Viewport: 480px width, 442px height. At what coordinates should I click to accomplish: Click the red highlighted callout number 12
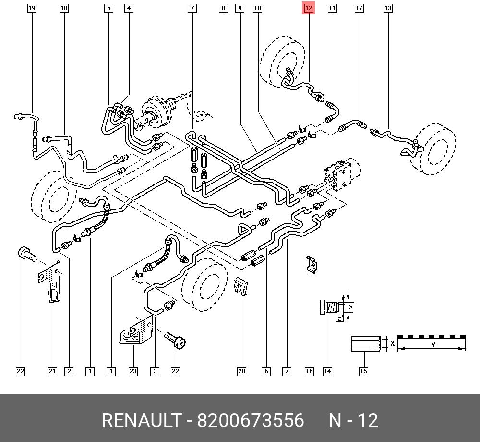tap(308, 8)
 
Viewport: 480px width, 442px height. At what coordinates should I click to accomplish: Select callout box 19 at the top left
tap(32, 8)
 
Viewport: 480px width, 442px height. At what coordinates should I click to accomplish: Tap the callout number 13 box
tap(388, 8)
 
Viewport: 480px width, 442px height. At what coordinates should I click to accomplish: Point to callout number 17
tap(359, 8)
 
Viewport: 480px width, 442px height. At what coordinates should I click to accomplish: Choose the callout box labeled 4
tap(129, 8)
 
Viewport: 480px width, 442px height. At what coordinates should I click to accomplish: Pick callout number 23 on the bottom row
tap(133, 371)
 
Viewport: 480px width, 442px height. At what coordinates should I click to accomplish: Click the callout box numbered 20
tap(241, 371)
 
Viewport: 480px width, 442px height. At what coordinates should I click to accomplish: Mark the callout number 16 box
tap(310, 371)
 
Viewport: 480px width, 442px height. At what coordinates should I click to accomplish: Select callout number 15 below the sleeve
tap(363, 371)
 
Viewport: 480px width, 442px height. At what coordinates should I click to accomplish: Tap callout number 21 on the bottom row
tap(52, 371)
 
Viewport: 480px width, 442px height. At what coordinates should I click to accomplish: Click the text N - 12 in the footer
tap(353, 421)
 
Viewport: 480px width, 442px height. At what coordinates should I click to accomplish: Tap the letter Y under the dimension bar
tap(432, 345)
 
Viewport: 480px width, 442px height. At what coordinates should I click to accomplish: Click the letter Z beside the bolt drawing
tap(339, 319)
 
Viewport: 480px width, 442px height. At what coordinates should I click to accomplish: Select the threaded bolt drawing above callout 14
tap(330, 307)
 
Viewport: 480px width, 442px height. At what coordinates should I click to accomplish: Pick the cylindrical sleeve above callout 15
tap(365, 344)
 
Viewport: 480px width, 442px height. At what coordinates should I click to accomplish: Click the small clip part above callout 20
tap(240, 287)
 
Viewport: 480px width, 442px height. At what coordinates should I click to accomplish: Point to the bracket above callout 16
tap(312, 265)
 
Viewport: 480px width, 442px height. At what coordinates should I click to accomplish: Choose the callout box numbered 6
tap(266, 371)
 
